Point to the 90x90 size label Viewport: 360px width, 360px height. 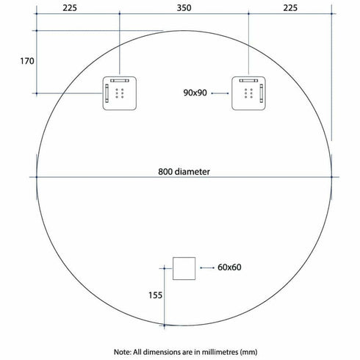click(x=196, y=93)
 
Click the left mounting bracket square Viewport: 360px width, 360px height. click(x=120, y=93)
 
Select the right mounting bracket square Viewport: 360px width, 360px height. click(x=248, y=93)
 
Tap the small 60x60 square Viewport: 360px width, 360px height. click(x=184, y=268)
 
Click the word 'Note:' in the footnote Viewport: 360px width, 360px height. click(x=126, y=351)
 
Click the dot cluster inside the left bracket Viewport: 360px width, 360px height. click(x=122, y=93)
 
